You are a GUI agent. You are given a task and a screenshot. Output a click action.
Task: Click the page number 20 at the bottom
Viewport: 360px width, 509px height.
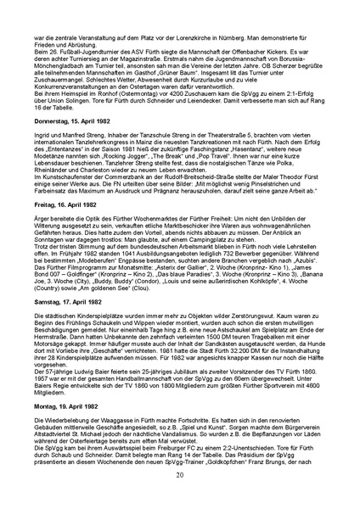pyautogui.click(x=180, y=474)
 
